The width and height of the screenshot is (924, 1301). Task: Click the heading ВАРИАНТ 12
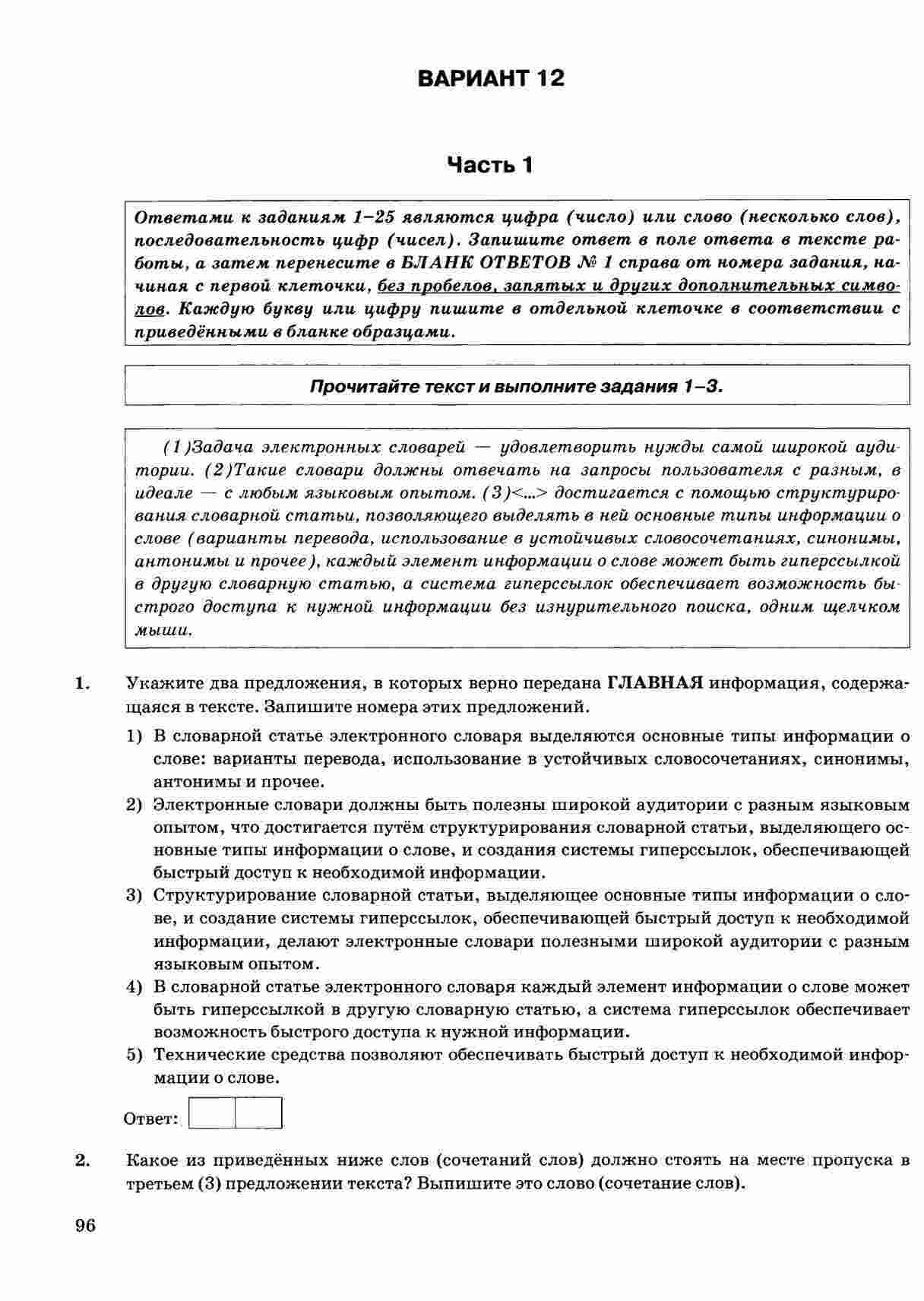[491, 78]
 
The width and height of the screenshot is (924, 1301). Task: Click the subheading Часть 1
[490, 165]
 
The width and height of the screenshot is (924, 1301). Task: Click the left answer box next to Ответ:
[212, 1113]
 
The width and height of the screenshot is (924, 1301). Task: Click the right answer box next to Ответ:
[258, 1113]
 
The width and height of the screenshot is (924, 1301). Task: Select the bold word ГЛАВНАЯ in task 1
[655, 682]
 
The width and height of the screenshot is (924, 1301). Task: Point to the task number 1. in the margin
[83, 682]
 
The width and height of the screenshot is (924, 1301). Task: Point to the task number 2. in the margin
[83, 1160]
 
